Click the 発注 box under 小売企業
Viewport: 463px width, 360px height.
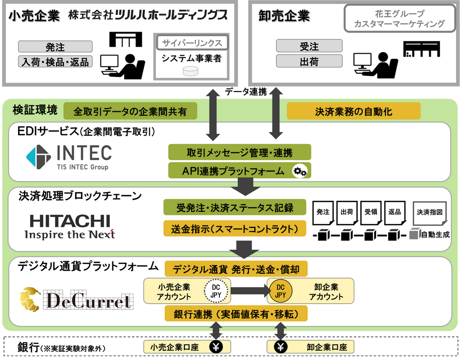[x=55, y=47]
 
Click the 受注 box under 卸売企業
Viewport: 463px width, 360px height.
[x=309, y=47]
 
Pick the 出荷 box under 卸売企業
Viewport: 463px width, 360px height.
[x=309, y=61]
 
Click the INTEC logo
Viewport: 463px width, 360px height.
[x=69, y=157]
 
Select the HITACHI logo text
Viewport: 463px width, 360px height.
[x=70, y=221]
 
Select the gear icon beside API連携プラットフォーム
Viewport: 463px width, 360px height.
[x=299, y=171]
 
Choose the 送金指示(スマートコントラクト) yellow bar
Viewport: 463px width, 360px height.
[x=235, y=229]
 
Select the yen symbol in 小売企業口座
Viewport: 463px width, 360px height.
[x=216, y=347]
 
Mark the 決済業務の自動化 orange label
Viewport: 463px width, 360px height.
[x=353, y=111]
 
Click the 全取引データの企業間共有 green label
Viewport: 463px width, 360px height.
[x=130, y=111]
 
